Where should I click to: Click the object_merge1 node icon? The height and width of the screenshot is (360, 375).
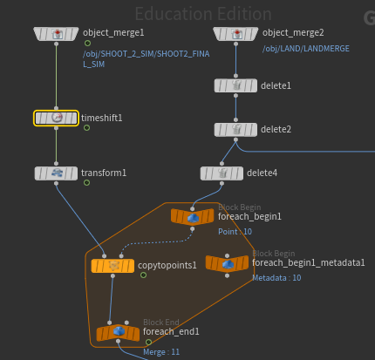coord(56,34)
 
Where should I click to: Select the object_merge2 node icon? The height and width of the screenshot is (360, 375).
coord(235,34)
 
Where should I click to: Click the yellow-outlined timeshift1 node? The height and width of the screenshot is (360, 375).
coord(56,118)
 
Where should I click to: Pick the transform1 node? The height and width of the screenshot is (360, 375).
coord(56,173)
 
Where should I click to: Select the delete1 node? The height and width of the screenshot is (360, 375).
coord(235,85)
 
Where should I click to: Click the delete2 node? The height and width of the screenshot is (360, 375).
coord(235,130)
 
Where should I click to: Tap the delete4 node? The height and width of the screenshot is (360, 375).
coord(222,173)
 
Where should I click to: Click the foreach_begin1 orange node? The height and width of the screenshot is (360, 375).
coord(193,217)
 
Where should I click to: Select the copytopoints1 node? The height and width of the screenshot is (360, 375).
coord(112,266)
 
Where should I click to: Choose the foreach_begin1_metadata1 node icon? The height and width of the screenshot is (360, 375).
coord(228,263)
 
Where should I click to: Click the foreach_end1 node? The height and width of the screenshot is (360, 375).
coord(118,332)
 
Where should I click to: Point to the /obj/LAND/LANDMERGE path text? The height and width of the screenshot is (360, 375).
coord(306,49)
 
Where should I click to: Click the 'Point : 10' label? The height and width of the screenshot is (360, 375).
coord(235,232)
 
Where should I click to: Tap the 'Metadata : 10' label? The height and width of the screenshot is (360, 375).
coord(276,278)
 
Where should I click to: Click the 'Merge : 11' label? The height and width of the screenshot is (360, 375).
coord(161,352)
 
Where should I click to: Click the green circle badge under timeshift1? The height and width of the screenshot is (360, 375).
coord(86,128)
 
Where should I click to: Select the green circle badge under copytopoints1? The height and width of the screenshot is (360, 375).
coord(143,275)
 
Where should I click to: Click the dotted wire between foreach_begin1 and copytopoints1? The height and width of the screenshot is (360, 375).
coord(157,241)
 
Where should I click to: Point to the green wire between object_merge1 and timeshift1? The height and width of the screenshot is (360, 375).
coord(56,76)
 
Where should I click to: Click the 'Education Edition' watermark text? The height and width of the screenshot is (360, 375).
coord(203,14)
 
